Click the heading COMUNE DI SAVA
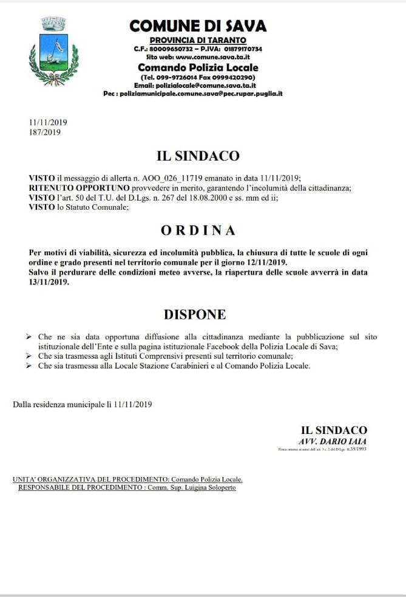point(198,25)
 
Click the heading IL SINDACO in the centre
point(198,156)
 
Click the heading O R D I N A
point(198,231)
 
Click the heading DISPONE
point(194,314)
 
